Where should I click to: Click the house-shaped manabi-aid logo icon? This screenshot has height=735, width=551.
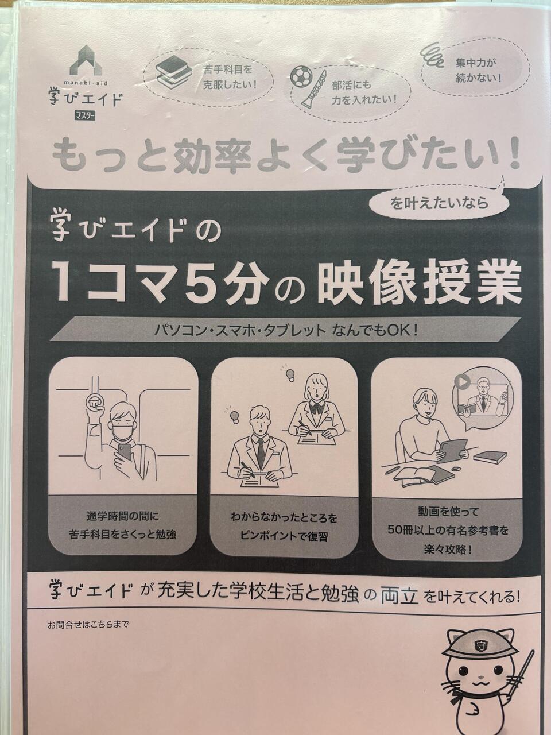pos(86,60)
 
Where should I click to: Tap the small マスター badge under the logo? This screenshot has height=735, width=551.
pos(85,116)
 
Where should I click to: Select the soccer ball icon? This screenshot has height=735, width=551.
pos(301,75)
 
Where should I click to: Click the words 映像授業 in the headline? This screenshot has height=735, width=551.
pos(419,283)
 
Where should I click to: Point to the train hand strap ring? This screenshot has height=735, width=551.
pos(95,401)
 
